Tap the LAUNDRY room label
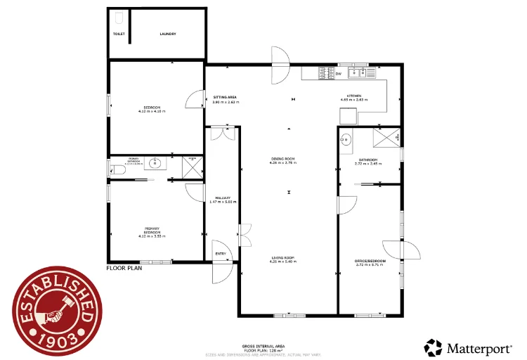[167, 34]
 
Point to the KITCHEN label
[354, 96]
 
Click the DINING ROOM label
[283, 158]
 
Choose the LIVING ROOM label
[283, 258]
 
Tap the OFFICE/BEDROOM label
[370, 260]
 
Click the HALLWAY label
[222, 198]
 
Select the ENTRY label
[221, 254]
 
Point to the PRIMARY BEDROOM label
[152, 230]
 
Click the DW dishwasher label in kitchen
[338, 73]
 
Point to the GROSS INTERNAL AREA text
[263, 346]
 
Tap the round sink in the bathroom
[346, 139]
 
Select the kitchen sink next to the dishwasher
[365, 72]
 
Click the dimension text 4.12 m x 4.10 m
[152, 111]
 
